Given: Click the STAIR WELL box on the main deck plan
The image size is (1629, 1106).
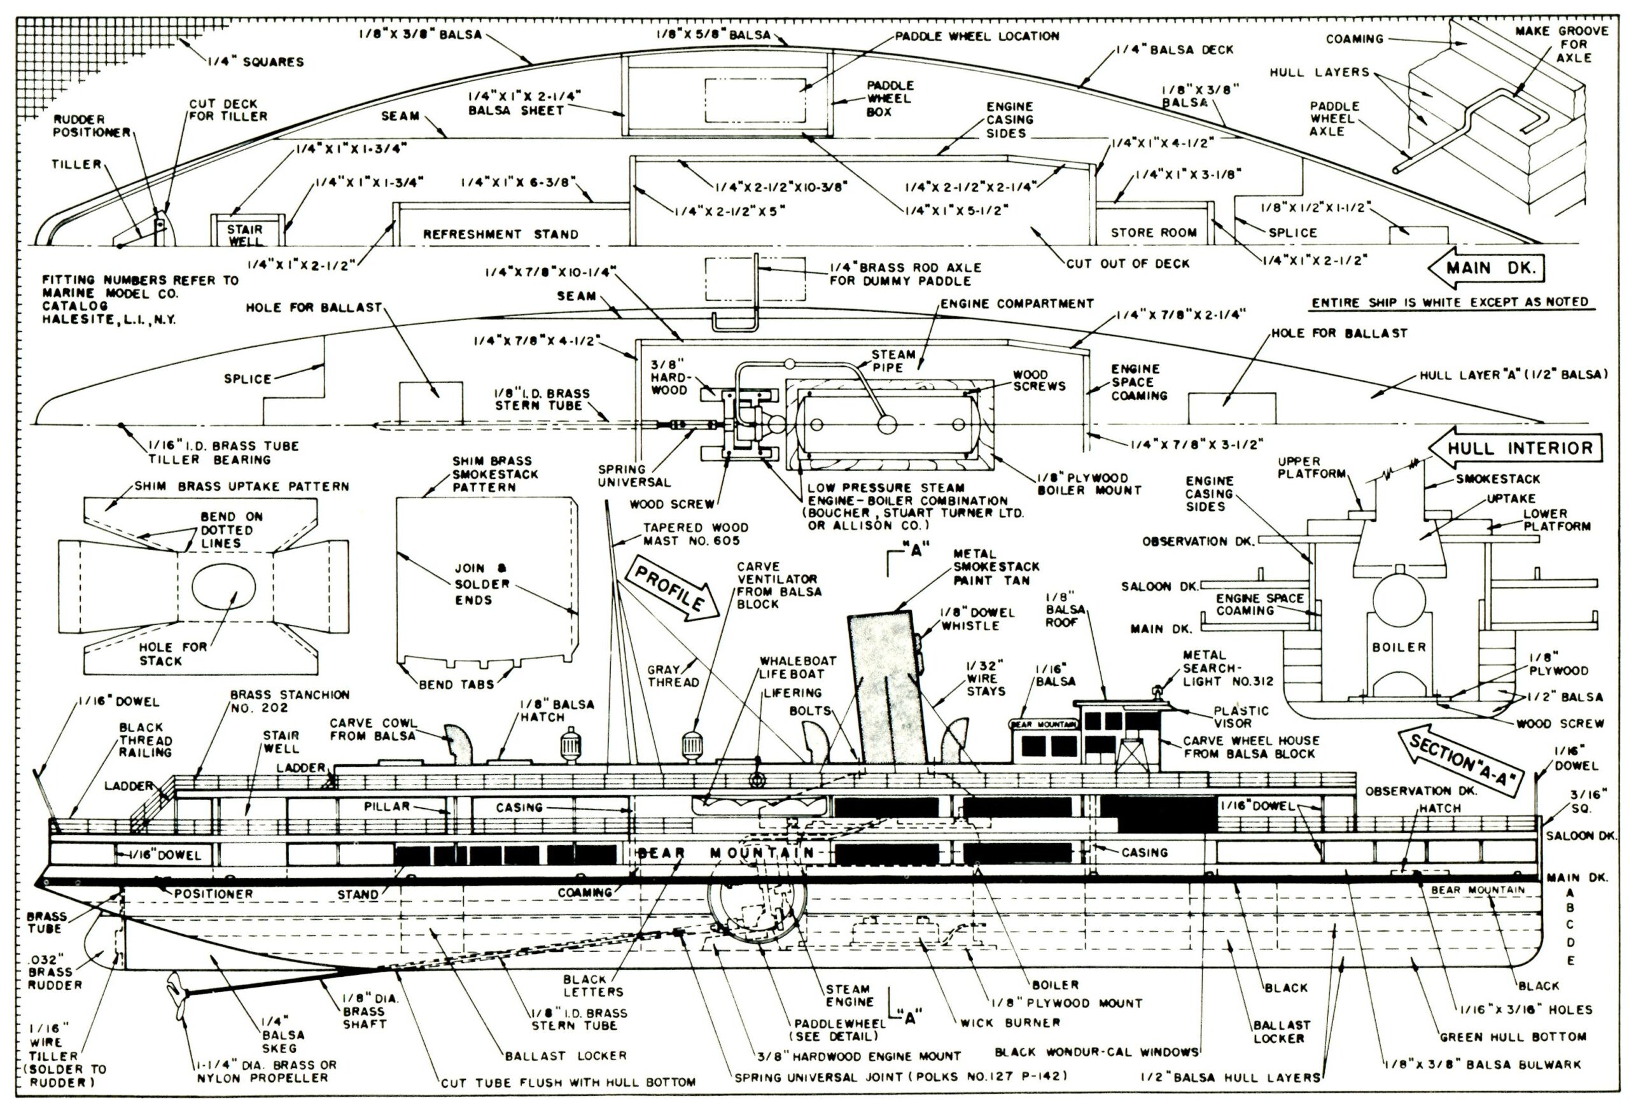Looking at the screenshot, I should pos(244,234).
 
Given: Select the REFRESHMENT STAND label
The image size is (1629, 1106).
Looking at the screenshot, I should pos(501,234).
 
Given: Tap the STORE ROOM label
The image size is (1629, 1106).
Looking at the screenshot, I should pos(1154,232).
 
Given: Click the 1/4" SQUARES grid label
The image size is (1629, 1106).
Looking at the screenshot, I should pos(256,62).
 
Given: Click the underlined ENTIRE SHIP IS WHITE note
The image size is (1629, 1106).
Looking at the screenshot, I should pos(1450,302).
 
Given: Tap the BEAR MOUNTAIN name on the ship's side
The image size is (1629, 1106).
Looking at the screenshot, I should pos(725,853).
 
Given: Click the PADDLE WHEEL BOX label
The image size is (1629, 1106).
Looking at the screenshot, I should pos(890,98).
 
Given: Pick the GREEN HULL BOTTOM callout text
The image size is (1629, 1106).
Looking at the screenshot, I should pos(1513,1036).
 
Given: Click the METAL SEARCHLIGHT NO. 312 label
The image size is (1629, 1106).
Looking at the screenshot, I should pos(1227,668).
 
